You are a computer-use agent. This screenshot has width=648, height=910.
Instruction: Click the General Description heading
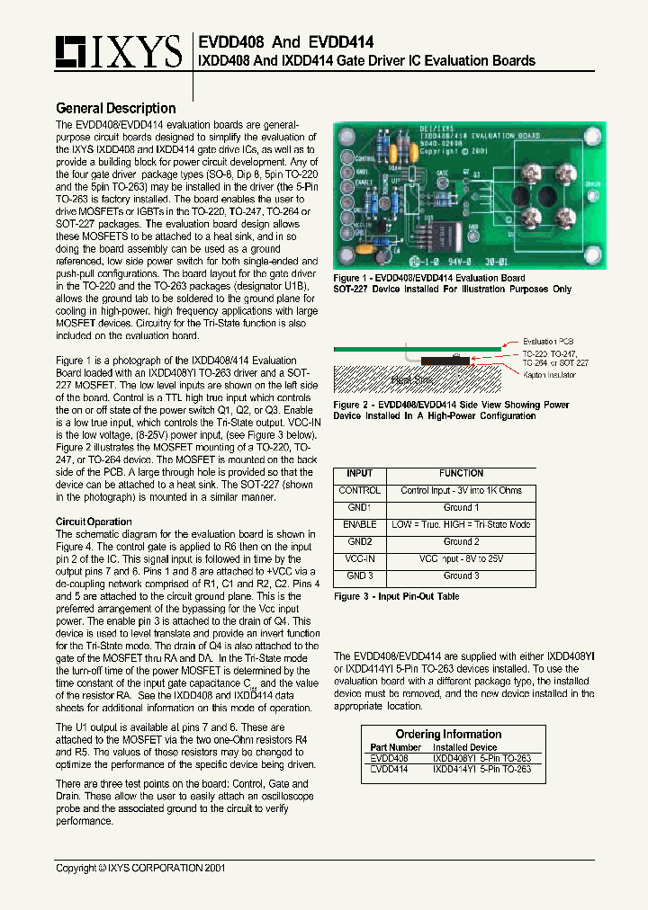116,109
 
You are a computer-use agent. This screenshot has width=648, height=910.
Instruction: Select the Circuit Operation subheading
94,522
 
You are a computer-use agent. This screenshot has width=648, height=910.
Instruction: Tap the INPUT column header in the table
359,473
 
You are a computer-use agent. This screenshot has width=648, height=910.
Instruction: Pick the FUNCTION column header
461,473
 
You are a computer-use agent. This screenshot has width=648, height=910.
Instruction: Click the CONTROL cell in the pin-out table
359,491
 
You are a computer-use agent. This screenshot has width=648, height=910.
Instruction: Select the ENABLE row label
359,525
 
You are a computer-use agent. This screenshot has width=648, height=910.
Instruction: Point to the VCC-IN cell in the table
359,558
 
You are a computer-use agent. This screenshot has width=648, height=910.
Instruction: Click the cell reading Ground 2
461,542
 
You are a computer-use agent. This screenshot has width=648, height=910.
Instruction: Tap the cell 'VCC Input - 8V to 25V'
461,558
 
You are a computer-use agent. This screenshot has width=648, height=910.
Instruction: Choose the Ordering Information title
448,735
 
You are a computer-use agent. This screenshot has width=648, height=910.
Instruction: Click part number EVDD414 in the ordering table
390,770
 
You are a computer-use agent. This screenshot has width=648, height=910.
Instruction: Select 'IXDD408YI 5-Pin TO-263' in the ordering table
481,758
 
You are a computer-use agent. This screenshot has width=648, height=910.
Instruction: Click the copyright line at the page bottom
140,869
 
